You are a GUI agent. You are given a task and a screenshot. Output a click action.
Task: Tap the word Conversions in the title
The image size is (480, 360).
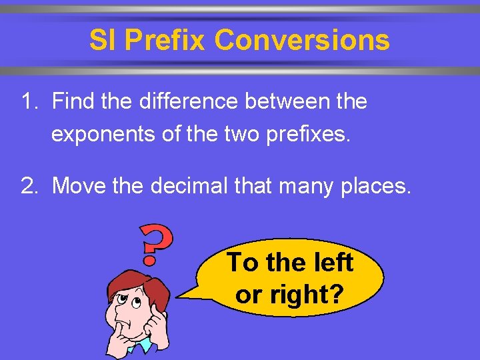point(302,41)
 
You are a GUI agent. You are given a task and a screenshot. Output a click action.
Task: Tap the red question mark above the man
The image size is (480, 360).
point(156,245)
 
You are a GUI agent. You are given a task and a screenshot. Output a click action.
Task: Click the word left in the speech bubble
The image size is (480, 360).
point(329,263)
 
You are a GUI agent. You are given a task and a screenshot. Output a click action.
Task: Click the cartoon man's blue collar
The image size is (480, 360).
point(143,345)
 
